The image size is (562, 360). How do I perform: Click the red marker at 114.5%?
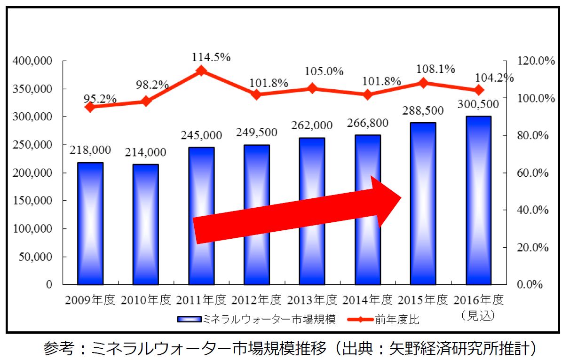point(201,71)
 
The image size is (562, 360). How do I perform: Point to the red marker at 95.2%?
point(90,107)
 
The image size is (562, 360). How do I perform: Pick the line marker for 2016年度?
point(479,90)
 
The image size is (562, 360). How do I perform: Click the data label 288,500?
point(423,111)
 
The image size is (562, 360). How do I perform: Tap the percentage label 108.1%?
point(436,69)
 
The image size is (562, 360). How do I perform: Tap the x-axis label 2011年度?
point(201,299)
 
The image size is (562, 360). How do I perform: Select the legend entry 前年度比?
point(397,320)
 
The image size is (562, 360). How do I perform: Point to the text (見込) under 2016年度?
point(478,314)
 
